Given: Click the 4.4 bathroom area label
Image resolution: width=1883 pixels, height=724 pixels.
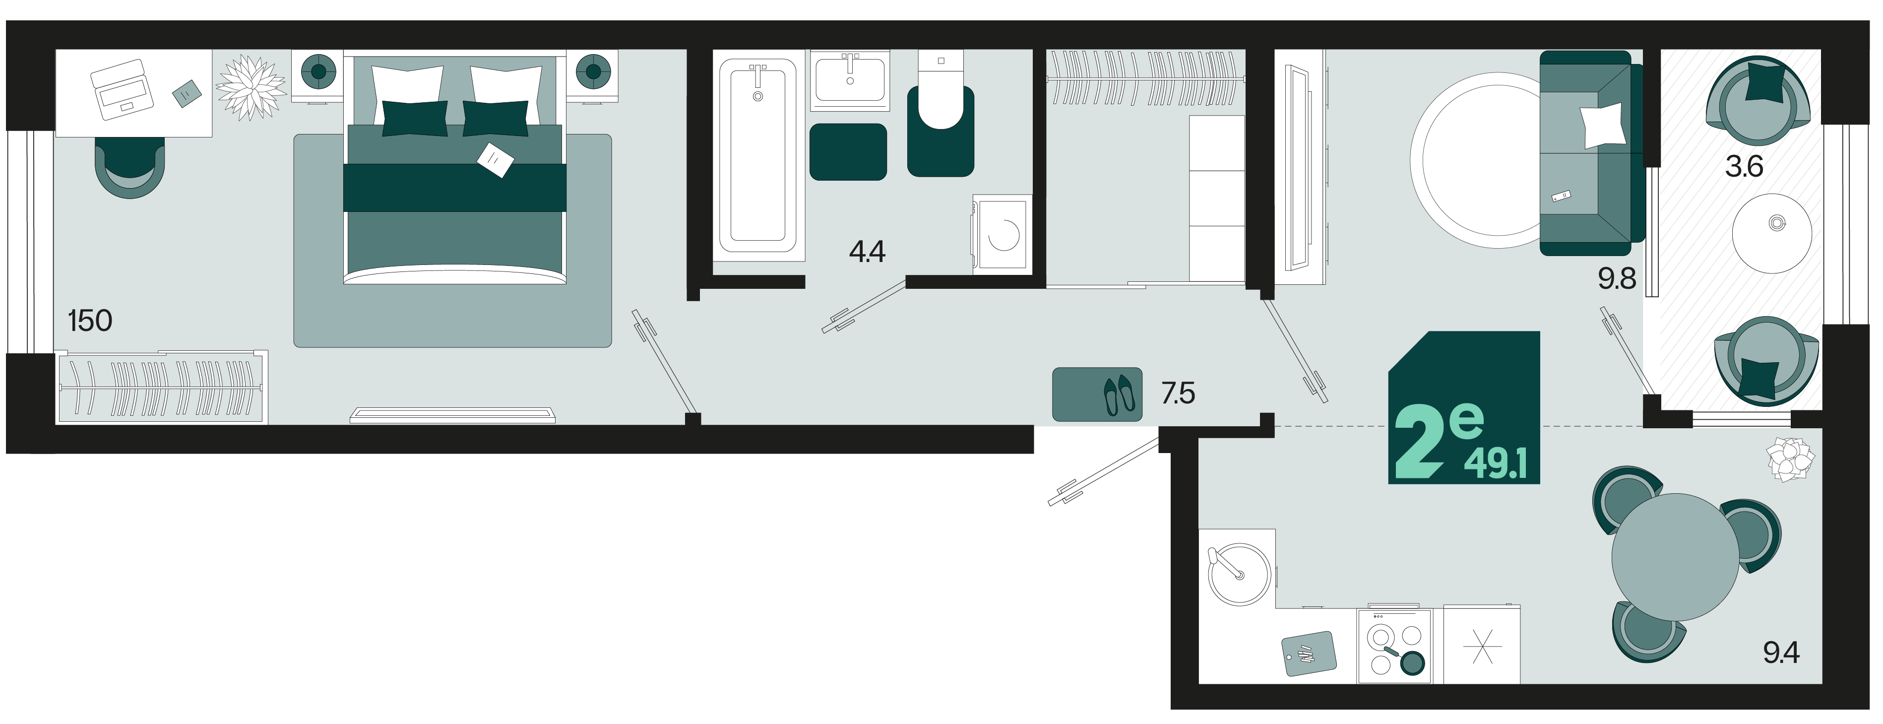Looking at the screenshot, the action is (867, 252).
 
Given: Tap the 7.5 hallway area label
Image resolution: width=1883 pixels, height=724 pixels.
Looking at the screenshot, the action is (1178, 394).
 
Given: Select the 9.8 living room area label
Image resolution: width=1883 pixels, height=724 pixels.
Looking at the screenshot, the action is (1616, 278).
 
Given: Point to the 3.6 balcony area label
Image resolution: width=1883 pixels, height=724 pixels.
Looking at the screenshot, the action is (1744, 167).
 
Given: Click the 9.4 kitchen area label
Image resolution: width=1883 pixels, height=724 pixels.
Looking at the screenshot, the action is (1781, 653).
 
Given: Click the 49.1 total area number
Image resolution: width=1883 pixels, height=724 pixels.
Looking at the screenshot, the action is (1495, 463).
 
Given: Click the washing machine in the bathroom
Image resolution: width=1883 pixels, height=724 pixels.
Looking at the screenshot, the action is (1002, 235).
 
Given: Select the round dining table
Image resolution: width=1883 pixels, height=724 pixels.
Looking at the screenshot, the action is (1675, 557).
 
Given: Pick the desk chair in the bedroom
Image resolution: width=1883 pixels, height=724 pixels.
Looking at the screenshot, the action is (130, 167).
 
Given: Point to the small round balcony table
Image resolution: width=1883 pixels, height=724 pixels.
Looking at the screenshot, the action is (1772, 233).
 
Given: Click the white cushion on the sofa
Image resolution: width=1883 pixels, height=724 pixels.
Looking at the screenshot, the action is (1602, 125).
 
